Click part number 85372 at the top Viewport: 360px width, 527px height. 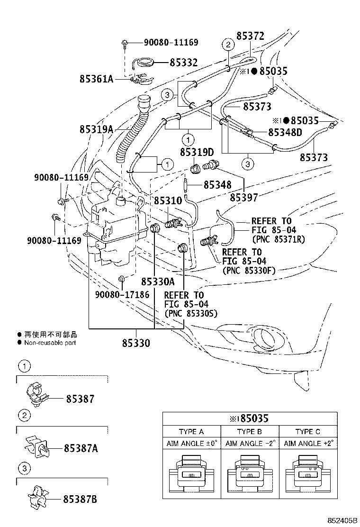[x=250, y=36]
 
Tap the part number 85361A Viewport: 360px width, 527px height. [x=96, y=79]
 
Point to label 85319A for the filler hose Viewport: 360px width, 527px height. [x=96, y=129]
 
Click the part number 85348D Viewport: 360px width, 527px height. [x=285, y=132]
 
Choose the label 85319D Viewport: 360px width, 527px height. [x=197, y=152]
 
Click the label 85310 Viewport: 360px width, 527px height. [x=168, y=200]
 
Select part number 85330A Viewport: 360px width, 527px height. [x=158, y=281]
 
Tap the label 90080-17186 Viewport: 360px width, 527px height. [x=122, y=295]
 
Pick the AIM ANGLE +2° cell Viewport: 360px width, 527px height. [x=308, y=444]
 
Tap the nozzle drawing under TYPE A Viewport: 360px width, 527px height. [x=191, y=474]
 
